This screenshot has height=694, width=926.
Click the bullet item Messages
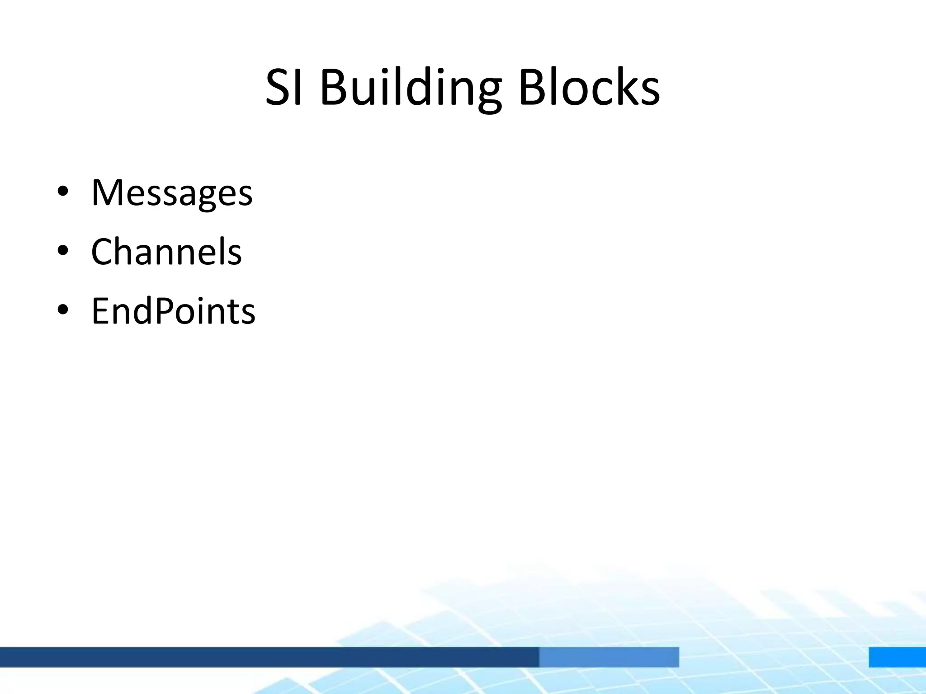tap(172, 193)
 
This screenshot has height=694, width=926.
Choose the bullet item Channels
tap(166, 252)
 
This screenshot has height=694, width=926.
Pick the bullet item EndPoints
tap(173, 311)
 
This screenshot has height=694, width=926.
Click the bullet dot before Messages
tap(63, 192)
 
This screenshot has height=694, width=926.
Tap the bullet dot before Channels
tap(63, 251)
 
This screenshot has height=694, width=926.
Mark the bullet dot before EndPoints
tap(63, 310)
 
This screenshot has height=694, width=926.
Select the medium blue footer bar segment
tap(609, 656)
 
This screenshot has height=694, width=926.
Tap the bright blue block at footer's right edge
tap(897, 656)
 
